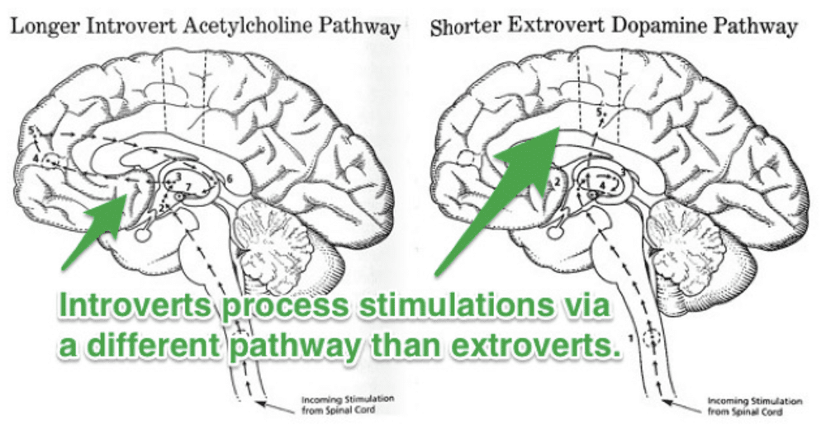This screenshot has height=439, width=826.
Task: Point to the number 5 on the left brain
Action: [x=31, y=131]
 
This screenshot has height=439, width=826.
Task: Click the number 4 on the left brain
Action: [x=36, y=157]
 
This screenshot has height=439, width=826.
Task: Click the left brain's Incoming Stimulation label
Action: [x=325, y=398]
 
